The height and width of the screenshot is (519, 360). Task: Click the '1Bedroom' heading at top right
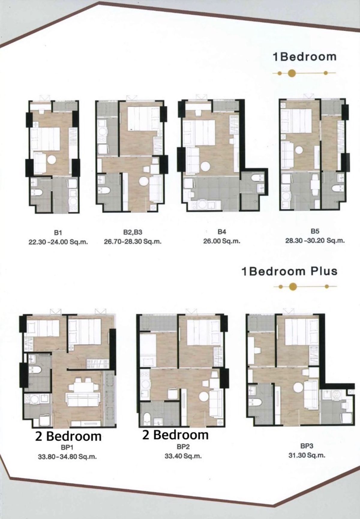pyautogui.click(x=304, y=57)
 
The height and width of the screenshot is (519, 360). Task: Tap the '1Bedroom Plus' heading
pyautogui.click(x=289, y=271)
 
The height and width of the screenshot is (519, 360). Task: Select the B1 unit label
pyautogui.click(x=58, y=232)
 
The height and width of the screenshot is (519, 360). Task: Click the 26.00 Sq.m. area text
pyautogui.click(x=222, y=241)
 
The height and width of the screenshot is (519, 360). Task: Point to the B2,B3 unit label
pyautogui.click(x=133, y=232)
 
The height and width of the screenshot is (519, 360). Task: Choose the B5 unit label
pyautogui.click(x=315, y=231)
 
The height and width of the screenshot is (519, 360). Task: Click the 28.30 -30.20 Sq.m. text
pyautogui.click(x=315, y=240)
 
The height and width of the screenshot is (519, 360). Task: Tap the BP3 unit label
pyautogui.click(x=307, y=446)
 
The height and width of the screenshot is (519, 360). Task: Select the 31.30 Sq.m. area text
pyautogui.click(x=307, y=455)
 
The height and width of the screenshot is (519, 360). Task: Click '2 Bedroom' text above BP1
pyautogui.click(x=68, y=436)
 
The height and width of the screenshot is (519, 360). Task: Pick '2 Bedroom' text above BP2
pyautogui.click(x=175, y=435)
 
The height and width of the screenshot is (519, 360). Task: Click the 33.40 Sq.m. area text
pyautogui.click(x=183, y=456)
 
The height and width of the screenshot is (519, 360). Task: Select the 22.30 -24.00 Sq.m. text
pyautogui.click(x=58, y=242)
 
